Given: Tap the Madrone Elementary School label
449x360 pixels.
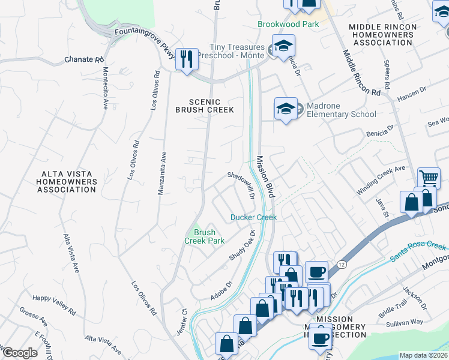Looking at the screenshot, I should (x=341, y=110).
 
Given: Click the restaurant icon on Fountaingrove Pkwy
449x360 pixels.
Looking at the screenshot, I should (x=187, y=58).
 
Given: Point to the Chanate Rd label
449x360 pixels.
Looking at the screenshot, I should (x=85, y=60).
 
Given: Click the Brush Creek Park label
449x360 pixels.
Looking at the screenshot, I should (x=204, y=236).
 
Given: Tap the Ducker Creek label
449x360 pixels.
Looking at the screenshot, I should (x=254, y=217).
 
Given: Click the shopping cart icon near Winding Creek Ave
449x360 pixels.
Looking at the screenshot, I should (x=429, y=178).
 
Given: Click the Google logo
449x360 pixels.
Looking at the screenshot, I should (x=19, y=353).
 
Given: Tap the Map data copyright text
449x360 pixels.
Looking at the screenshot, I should (x=423, y=355).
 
